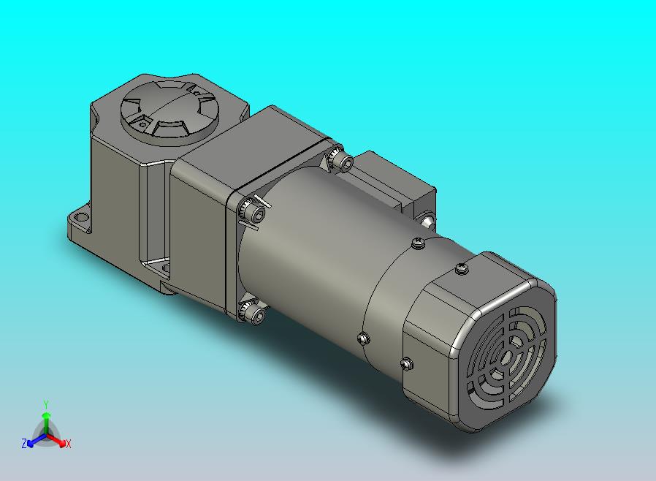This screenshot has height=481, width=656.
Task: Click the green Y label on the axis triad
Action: tap(46, 404)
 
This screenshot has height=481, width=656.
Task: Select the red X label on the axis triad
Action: tap(68, 444)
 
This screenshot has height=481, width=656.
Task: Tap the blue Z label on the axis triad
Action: tap(24, 443)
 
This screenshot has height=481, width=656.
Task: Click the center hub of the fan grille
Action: tap(507, 357)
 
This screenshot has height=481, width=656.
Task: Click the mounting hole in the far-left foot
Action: tap(82, 217)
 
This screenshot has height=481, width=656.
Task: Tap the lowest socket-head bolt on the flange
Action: tap(256, 316)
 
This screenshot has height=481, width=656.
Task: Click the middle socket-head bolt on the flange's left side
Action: tap(256, 215)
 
